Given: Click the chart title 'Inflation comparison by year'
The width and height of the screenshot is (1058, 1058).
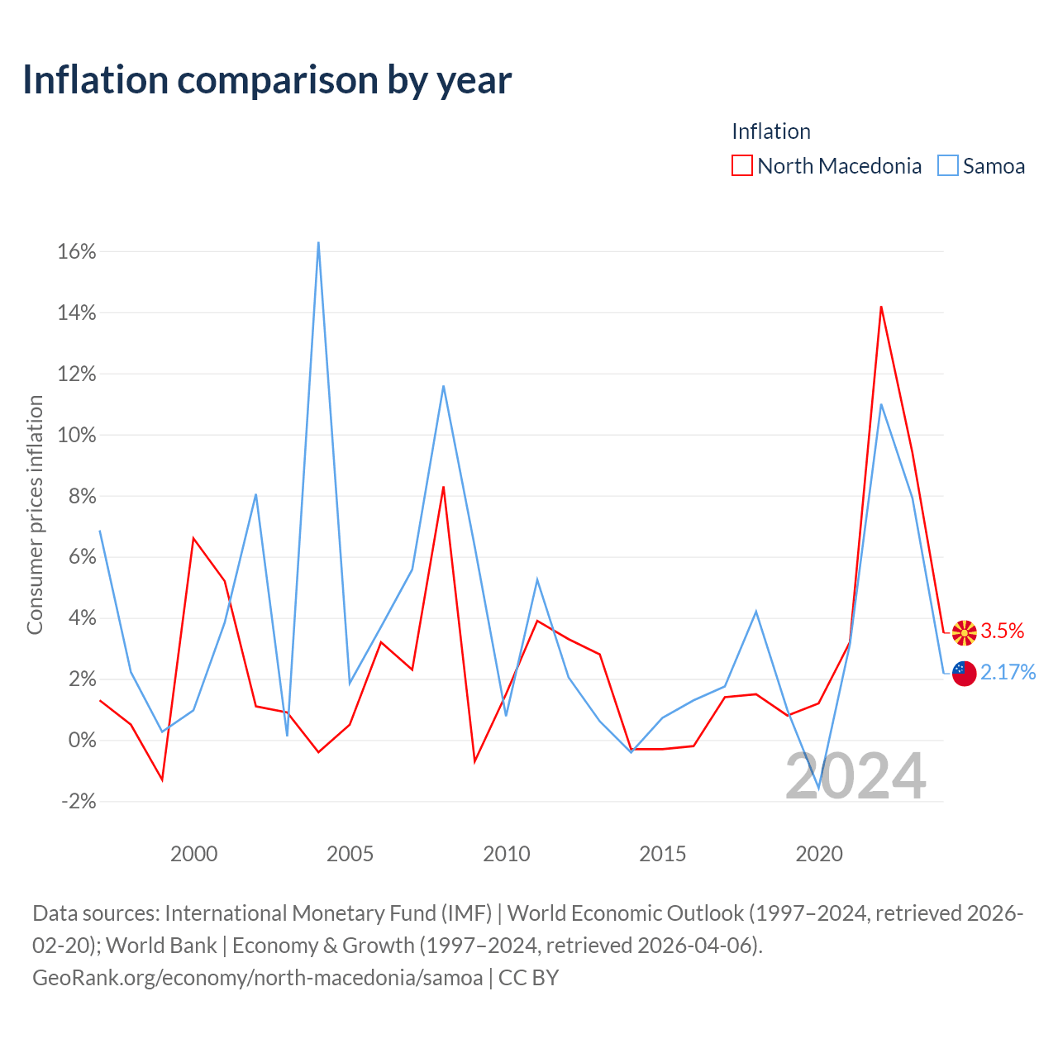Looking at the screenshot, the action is coord(267,80).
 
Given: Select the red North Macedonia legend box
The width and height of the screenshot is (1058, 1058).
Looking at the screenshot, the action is coord(741,165).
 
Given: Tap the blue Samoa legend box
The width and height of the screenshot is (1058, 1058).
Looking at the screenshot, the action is coord(947,165).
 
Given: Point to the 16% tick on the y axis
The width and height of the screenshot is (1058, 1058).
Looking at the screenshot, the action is coord(76,251).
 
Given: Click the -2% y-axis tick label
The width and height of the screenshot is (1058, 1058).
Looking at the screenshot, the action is coord(79,801).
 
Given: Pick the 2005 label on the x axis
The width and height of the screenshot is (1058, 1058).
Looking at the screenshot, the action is coord(350,854).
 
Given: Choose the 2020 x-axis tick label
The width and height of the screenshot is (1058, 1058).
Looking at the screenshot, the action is coord(818,854).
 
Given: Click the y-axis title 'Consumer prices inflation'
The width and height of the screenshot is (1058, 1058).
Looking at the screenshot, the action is coord(36,514).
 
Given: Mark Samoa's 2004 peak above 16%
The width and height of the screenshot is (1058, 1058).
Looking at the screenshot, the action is coord(318,242).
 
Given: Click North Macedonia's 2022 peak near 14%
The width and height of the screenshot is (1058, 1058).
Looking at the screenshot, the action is coord(880,307).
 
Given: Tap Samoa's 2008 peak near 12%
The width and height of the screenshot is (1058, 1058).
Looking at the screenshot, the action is coord(443,386).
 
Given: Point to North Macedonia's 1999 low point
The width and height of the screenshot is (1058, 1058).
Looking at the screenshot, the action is coord(162,779).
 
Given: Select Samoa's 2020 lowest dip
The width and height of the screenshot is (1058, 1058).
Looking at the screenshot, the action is coord(818,789).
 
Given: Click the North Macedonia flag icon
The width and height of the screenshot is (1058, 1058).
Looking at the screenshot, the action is coord(964,633).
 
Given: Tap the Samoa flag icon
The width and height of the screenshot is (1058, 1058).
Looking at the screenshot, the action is coord(964,674).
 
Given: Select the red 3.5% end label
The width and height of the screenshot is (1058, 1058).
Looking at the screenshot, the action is coord(1002,631).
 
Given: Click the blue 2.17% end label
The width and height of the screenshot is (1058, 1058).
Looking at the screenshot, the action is coord(1008,672).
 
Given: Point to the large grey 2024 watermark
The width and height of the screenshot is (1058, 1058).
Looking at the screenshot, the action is coord(855,776).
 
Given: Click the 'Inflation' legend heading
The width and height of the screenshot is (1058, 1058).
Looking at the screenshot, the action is coord(771,131).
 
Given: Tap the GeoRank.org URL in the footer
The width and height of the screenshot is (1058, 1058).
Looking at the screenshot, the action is coord(258,977).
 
